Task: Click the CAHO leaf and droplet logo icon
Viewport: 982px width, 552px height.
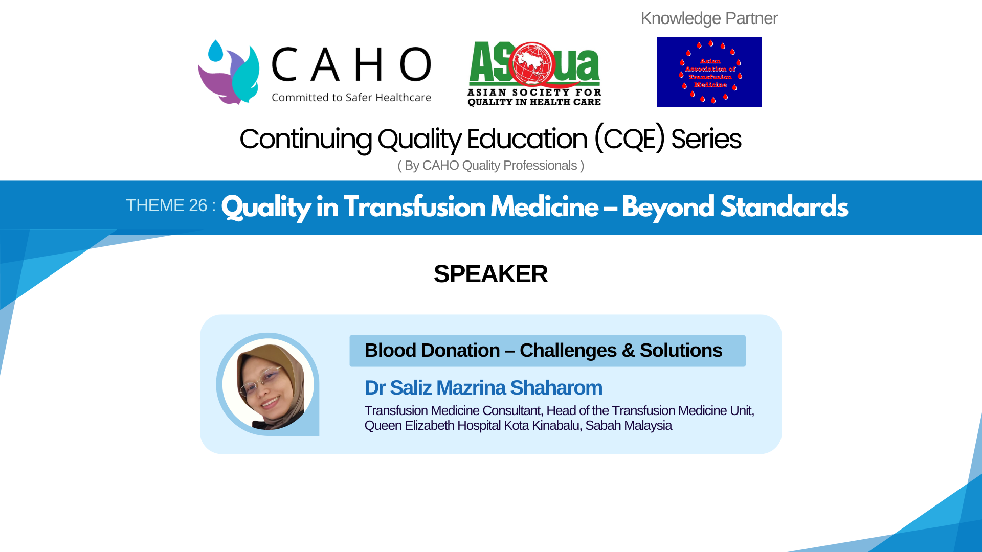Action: click(x=229, y=73)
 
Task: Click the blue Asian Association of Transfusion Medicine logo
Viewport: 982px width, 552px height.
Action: click(x=709, y=72)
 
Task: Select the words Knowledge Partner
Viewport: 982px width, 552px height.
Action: click(x=709, y=18)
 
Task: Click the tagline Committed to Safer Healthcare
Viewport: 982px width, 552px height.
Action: click(x=351, y=98)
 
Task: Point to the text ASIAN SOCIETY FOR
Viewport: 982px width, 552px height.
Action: click(x=534, y=93)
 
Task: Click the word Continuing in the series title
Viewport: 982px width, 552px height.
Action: click(x=305, y=139)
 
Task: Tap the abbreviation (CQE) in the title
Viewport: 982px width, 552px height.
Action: click(x=630, y=139)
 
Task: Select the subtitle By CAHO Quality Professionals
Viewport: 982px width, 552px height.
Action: click(x=490, y=166)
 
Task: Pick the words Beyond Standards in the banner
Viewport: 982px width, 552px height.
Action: click(x=734, y=208)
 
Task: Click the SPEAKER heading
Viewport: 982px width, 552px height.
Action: click(x=490, y=274)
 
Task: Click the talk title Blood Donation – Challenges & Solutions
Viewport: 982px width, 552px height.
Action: click(x=543, y=351)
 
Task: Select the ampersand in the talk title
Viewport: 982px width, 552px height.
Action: click(x=628, y=351)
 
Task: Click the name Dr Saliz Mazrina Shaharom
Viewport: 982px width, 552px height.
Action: click(x=483, y=388)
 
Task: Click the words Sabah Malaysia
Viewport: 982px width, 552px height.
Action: click(x=628, y=426)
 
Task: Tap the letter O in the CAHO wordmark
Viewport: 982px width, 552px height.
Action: click(x=415, y=64)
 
